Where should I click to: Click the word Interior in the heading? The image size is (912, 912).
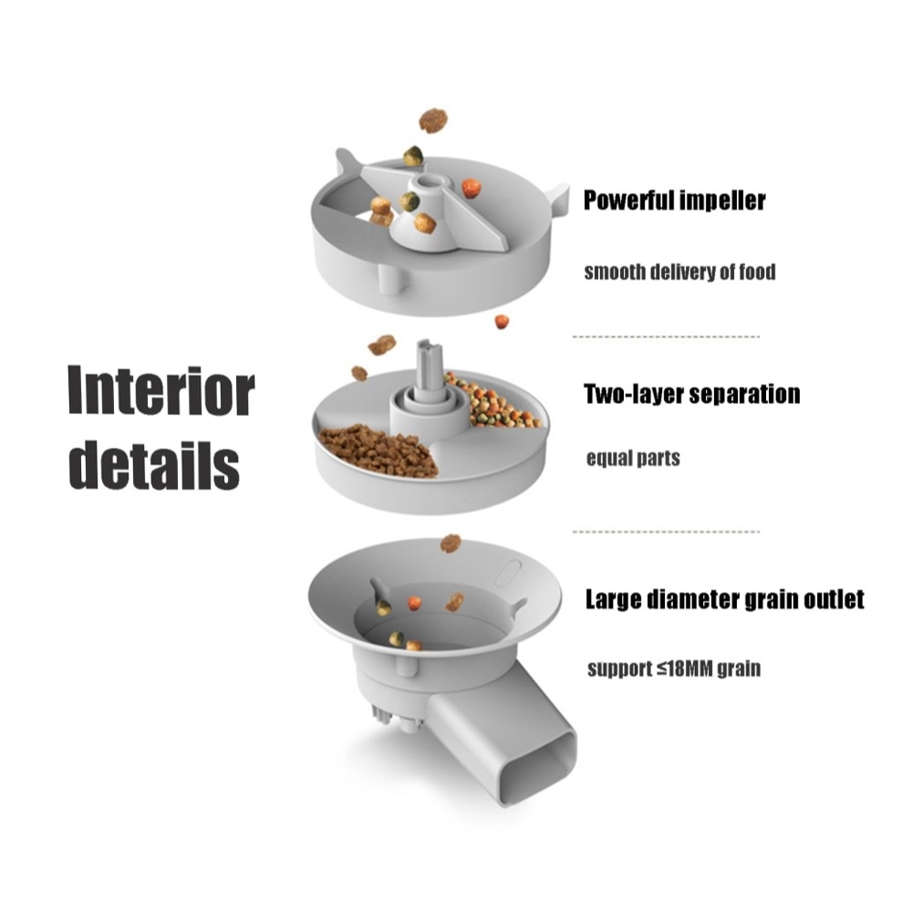point(161,390)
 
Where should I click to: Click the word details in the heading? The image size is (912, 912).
point(154,465)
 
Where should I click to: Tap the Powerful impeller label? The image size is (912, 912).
point(674,201)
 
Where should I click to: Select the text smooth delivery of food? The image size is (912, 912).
point(679,272)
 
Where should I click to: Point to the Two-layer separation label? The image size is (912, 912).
point(691,394)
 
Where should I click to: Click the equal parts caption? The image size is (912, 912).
point(633,459)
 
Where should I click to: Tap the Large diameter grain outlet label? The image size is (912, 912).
point(725,599)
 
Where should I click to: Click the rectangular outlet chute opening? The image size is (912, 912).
point(535,772)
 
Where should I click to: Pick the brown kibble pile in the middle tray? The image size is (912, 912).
point(379,450)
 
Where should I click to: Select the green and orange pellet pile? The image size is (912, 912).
point(493,402)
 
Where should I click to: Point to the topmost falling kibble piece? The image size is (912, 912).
point(433,119)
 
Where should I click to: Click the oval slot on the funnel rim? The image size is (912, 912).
point(508,573)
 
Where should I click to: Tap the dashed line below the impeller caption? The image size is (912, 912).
point(666,337)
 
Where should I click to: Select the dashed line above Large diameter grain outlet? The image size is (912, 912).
point(666,532)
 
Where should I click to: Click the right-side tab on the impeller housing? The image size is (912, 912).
point(557,199)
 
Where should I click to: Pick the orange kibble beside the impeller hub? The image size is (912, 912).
point(472,189)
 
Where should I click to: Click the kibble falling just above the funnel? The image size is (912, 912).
point(451,544)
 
